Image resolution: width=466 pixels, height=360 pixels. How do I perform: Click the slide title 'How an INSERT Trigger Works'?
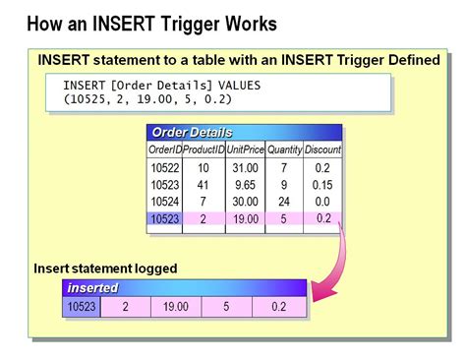pos(151,22)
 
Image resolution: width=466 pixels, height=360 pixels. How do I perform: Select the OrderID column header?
pos(164,150)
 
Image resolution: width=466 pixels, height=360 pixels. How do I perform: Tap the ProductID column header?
pos(203,150)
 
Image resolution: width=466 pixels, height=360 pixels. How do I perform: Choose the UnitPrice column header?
pos(244,150)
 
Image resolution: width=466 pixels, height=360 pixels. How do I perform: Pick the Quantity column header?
pos(283,150)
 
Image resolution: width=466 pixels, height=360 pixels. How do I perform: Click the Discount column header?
pos(322,150)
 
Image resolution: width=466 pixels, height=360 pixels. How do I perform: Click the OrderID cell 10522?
pos(164,169)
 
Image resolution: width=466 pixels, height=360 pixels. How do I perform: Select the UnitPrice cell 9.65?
pos(244,185)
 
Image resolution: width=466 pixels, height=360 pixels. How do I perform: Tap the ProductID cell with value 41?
pos(203,185)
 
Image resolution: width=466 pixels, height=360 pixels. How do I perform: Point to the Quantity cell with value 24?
pos(283,202)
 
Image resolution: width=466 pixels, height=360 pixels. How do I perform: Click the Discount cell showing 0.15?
pos(322,185)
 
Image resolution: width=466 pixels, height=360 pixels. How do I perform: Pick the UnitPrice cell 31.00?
pos(244,169)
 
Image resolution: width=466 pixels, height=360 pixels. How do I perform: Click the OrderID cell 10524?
pos(164,202)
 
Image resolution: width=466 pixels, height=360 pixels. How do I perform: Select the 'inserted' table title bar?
pos(185,288)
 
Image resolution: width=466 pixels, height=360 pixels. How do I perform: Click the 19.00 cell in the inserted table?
pos(175,308)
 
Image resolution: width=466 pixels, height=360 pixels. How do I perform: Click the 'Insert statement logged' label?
pos(106,268)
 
